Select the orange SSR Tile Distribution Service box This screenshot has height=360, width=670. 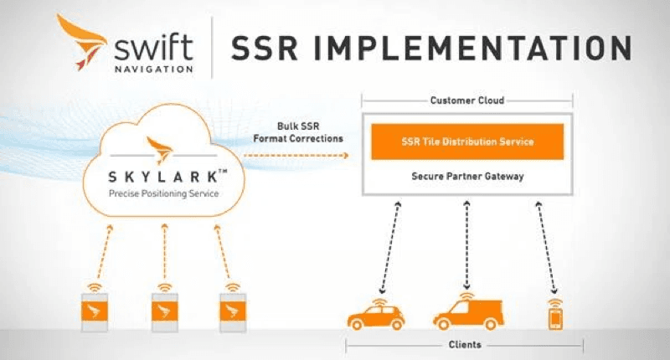point(466,141)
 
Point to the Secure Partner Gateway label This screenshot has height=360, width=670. point(466,177)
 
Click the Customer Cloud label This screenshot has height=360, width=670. point(466,100)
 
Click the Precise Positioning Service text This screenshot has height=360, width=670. point(164,194)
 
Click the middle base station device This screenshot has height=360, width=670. point(164,311)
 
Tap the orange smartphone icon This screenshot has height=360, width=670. point(554,316)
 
